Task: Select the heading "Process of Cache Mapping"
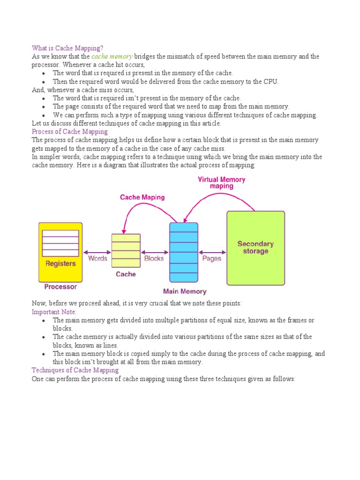(x=70, y=131)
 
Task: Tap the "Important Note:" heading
(x=54, y=312)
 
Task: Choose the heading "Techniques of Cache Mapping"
(x=75, y=370)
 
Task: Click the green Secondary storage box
(x=255, y=248)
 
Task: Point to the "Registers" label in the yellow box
(x=60, y=263)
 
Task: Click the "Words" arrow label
(x=97, y=258)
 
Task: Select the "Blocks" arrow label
(x=154, y=258)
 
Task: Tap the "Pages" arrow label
(x=211, y=258)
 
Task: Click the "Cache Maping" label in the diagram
(x=142, y=197)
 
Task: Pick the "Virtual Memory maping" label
(x=221, y=183)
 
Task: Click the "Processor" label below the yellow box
(x=60, y=286)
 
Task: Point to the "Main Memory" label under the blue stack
(x=185, y=291)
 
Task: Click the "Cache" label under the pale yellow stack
(x=126, y=274)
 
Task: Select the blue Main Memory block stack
(x=183, y=253)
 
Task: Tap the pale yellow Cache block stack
(x=126, y=250)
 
